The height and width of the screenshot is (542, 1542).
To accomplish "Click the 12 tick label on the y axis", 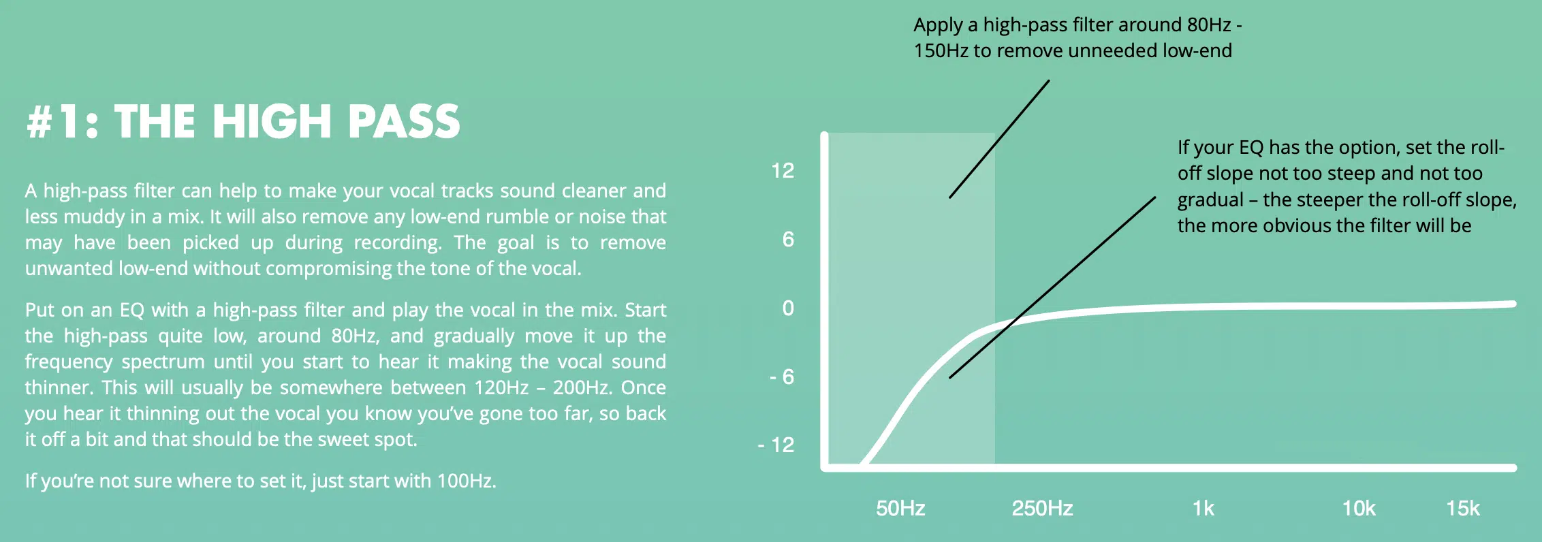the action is [x=783, y=170].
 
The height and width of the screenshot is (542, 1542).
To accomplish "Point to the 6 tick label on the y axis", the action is [x=788, y=239].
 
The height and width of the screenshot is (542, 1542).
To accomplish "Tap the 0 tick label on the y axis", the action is [x=788, y=308].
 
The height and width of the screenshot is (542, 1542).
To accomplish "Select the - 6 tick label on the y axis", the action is [x=782, y=377].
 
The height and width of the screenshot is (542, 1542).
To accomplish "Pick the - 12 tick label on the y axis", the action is [x=776, y=445].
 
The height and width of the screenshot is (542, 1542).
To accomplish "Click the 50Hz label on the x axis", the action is [x=900, y=508].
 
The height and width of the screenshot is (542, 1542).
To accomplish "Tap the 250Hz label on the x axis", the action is [x=1042, y=508].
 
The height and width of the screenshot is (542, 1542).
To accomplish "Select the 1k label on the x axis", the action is [x=1203, y=508].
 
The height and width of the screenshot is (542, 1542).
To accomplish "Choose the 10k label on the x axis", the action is [x=1359, y=508].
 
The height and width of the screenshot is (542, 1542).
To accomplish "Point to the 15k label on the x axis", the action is [x=1463, y=508].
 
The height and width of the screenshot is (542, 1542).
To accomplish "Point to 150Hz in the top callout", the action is [x=941, y=50].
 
